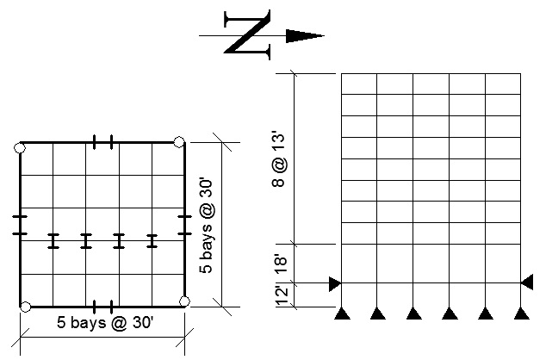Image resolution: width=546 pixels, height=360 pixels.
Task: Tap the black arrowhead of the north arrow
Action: point(303,35)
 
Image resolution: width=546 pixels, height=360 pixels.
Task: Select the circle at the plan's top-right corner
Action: point(178,142)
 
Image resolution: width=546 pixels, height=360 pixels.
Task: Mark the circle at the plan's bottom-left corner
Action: point(26,307)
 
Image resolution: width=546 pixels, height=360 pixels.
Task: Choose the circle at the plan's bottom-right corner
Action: point(184,301)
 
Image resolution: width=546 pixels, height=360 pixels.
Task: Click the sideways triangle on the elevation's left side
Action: point(335,282)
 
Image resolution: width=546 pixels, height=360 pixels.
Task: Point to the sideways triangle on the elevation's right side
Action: point(527,282)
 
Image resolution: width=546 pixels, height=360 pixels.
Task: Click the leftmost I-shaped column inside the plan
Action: point(53,241)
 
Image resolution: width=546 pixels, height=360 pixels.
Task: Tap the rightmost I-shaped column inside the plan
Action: point(152,241)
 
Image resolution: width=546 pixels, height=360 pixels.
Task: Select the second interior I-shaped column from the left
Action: point(86,241)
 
